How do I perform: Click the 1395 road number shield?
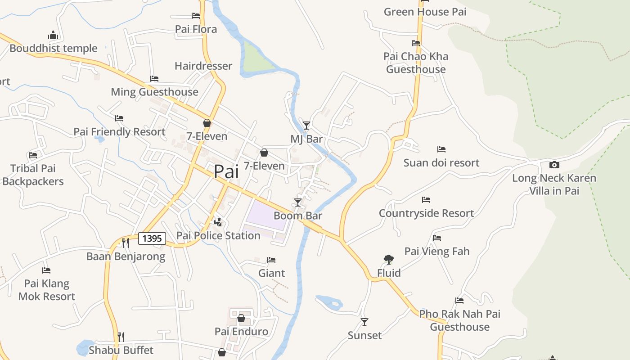[152, 238]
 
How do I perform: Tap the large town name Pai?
[226, 172]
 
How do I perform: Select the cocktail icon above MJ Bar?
[306, 125]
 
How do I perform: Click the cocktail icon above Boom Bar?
[297, 202]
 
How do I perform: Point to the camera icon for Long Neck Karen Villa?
[554, 165]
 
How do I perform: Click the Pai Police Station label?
[218, 235]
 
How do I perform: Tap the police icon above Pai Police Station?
[218, 222]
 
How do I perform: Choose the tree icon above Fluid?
[388, 259]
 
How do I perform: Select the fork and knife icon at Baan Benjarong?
[126, 243]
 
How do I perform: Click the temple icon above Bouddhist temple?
[53, 35]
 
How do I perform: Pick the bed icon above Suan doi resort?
[441, 149]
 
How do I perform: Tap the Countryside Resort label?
[426, 213]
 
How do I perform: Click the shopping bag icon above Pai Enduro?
[241, 318]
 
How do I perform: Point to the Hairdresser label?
[203, 66]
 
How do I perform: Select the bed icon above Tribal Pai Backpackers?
[33, 155]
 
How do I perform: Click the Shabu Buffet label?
[121, 350]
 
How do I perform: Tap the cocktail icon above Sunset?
[364, 322]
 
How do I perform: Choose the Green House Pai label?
[425, 12]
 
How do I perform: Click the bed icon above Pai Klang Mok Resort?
[46, 270]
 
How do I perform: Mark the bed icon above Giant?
[271, 260]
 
